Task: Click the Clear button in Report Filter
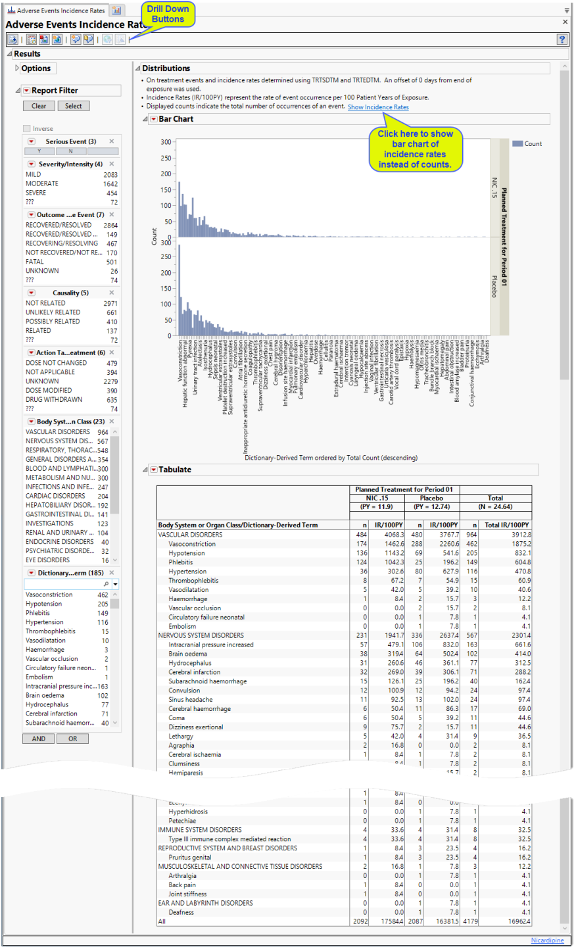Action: (39, 106)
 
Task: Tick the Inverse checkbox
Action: (27, 129)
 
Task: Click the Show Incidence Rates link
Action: (378, 107)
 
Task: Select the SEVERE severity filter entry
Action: (36, 193)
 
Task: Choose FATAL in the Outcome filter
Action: (35, 262)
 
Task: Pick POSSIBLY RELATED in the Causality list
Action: (53, 322)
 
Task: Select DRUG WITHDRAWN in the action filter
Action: (54, 399)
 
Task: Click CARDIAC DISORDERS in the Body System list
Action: (55, 496)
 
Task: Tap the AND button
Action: (39, 739)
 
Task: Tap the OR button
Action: (72, 739)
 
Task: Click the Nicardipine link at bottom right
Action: (547, 940)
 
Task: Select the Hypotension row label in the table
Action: (187, 553)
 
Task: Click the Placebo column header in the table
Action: (431, 498)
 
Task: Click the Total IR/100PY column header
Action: (506, 525)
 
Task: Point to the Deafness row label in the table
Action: (181, 912)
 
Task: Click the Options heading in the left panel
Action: (36, 68)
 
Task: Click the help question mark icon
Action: (562, 39)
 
